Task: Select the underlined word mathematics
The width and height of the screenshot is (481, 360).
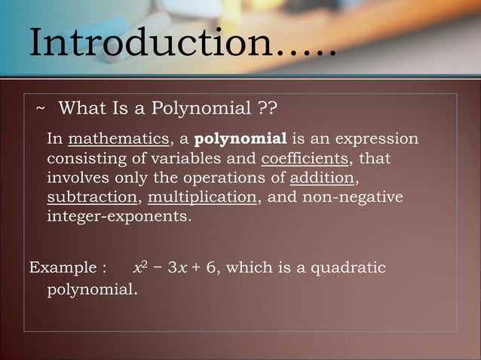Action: [118, 140]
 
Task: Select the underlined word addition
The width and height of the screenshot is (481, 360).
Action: [322, 179]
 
